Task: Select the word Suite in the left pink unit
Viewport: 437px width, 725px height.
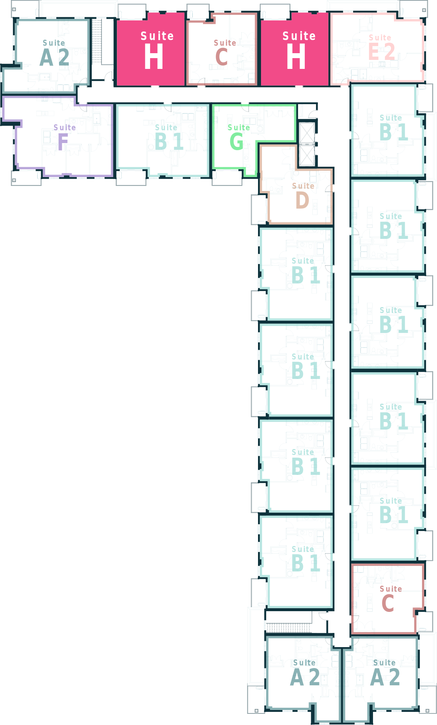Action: point(157,36)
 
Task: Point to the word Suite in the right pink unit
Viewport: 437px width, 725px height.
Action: point(299,36)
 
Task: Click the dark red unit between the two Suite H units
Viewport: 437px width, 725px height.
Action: point(222,49)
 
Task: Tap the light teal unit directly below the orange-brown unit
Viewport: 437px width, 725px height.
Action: point(296,273)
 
